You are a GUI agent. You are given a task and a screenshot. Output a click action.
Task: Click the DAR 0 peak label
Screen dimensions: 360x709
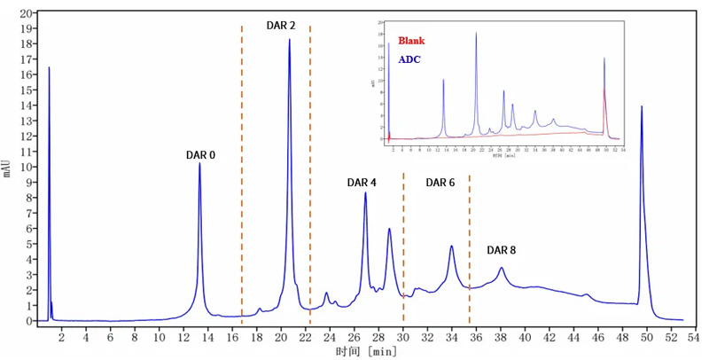200,154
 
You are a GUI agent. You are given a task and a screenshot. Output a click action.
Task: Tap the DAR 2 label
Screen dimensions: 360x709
281,26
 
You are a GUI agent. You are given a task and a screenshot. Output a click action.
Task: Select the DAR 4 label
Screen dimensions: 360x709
362,183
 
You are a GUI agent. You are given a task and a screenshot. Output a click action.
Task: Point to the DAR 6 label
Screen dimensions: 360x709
440,183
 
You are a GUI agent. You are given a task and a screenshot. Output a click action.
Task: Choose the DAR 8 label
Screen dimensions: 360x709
501,251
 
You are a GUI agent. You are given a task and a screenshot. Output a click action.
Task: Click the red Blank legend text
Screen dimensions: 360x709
412,41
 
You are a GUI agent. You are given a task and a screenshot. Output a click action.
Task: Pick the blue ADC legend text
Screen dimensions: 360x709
409,59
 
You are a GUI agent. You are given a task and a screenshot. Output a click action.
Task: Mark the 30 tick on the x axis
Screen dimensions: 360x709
403,338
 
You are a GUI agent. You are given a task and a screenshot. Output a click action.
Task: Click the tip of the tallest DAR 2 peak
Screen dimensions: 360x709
289,40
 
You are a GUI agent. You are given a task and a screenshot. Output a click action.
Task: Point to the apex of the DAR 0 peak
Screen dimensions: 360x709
199,163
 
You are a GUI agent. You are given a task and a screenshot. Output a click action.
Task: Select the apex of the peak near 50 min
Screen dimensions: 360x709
642,106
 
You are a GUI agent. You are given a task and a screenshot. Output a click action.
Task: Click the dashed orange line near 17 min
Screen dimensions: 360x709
242,177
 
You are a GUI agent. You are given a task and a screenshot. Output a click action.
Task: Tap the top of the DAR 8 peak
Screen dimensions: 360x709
502,268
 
